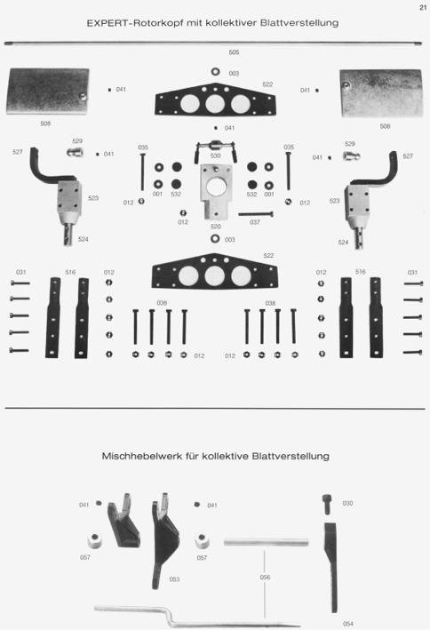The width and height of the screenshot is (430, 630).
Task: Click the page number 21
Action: [x=422, y=8]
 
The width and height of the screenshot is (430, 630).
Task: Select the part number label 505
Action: [x=234, y=52]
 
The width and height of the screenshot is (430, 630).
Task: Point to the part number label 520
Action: [x=216, y=227]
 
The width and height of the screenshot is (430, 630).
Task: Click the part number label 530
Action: [x=215, y=156]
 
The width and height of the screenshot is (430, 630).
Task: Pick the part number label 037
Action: [x=255, y=222]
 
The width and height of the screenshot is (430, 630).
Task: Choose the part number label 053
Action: [x=174, y=579]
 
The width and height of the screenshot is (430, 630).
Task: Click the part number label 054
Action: [x=348, y=624]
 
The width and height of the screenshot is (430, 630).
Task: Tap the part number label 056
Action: [x=265, y=578]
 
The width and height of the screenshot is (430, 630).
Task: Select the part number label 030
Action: [x=347, y=504]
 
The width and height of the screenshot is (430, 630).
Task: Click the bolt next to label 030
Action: [x=327, y=505]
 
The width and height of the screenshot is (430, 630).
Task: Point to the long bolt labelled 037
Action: [x=256, y=214]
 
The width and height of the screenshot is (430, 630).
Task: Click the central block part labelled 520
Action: [x=215, y=192]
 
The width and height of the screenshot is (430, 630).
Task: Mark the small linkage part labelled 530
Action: [x=215, y=148]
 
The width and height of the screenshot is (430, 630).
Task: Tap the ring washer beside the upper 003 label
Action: [x=215, y=71]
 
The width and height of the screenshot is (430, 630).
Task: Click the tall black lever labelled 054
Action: [x=331, y=567]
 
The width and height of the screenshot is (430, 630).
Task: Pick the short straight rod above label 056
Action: [x=266, y=542]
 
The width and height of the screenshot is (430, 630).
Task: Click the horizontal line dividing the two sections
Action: [x=215, y=409]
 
